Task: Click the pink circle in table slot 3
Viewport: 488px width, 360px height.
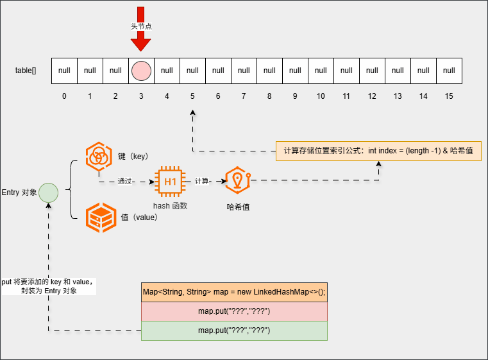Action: tap(141, 71)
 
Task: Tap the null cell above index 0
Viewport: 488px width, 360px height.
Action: tap(64, 71)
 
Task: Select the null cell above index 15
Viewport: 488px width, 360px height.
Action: tap(449, 71)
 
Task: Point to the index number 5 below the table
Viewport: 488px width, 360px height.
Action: tap(192, 96)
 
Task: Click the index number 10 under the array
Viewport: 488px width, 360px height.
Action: tap(321, 96)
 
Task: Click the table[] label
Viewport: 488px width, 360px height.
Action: tap(26, 71)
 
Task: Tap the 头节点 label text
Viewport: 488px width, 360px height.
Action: tap(141, 26)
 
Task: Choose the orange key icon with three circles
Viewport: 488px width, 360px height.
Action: tap(99, 157)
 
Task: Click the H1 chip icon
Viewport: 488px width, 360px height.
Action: tap(170, 182)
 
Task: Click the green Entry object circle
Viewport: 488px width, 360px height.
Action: tap(48, 192)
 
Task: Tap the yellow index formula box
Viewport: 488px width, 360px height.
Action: tap(378, 151)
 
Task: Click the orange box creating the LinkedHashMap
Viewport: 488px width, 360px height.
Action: tap(234, 292)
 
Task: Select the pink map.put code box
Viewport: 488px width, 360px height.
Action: tap(234, 311)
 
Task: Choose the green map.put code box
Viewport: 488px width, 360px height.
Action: tap(234, 330)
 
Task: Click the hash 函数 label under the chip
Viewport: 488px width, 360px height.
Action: tap(170, 205)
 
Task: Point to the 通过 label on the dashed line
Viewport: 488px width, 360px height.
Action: tap(124, 182)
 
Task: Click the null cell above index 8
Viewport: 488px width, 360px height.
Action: tap(269, 71)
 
